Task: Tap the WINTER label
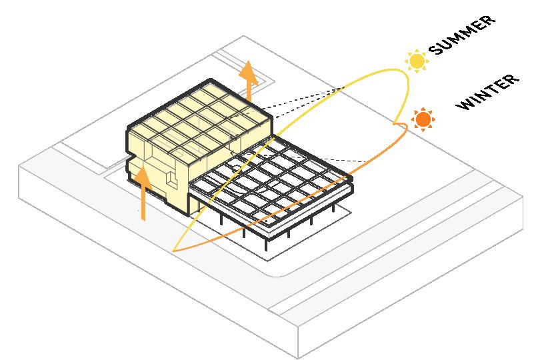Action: [x=487, y=93]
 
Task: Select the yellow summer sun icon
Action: [x=417, y=61]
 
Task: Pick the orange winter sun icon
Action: [x=422, y=120]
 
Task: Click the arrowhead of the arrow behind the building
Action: [x=249, y=69]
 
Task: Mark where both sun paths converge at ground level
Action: [x=173, y=251]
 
